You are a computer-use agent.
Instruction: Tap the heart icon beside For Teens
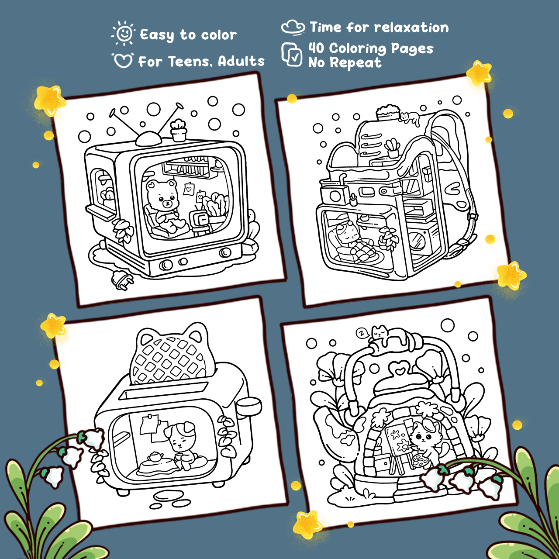(123, 60)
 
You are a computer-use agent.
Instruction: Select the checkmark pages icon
(292, 54)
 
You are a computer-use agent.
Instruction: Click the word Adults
(241, 61)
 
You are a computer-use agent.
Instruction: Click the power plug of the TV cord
(122, 280)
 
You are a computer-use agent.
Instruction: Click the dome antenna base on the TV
(148, 139)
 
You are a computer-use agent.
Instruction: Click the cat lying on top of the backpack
(411, 118)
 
